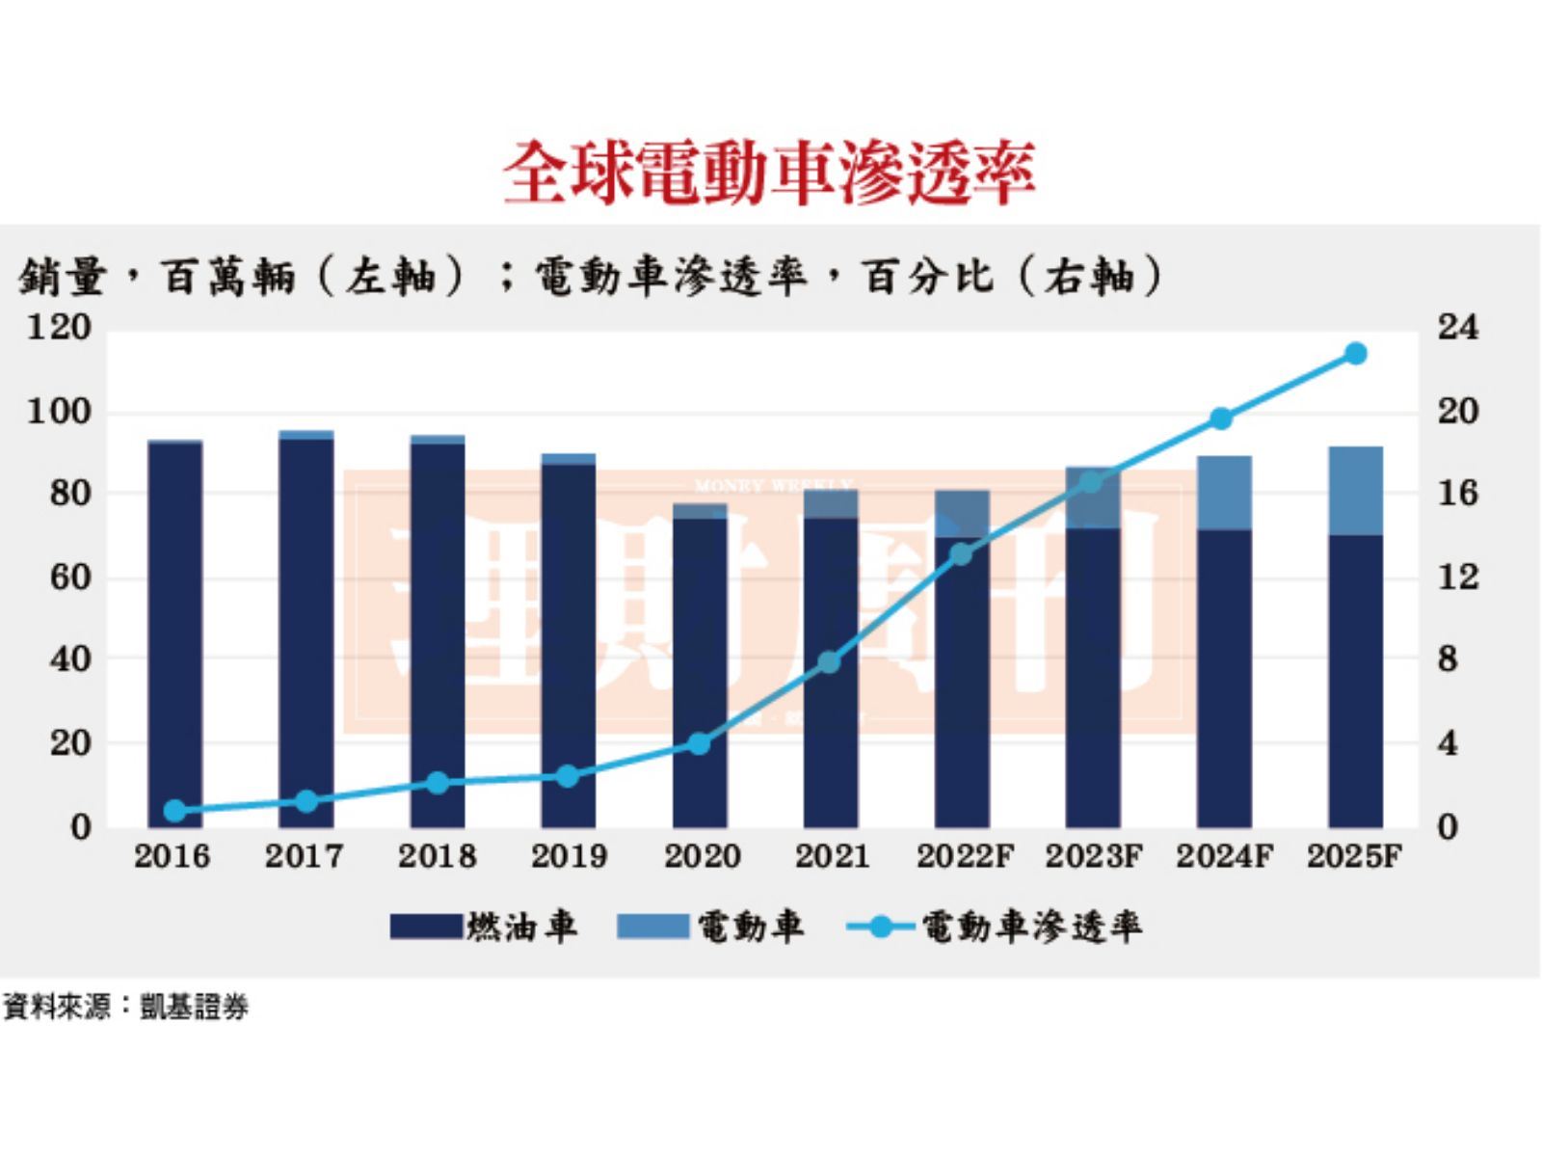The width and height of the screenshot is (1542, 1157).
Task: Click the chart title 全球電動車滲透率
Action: (769, 174)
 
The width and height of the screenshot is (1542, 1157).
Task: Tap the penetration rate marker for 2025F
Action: (1355, 354)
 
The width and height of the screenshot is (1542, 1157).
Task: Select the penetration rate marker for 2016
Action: (174, 810)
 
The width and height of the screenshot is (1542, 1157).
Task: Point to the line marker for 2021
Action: (830, 662)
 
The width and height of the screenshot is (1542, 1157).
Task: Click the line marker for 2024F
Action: (1221, 418)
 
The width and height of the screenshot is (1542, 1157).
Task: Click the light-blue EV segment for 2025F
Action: (1355, 491)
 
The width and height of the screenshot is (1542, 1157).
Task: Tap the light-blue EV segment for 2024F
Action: (1224, 493)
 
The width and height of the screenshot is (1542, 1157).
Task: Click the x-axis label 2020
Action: (702, 856)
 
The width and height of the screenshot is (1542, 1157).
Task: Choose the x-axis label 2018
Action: (438, 856)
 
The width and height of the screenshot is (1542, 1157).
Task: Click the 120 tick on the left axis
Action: (59, 328)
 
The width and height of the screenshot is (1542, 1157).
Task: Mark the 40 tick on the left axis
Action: (68, 660)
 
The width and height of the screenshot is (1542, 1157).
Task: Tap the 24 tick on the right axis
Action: (1457, 328)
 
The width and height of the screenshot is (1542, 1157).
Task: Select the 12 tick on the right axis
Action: (1457, 578)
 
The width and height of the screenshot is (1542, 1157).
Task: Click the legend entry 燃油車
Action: (521, 927)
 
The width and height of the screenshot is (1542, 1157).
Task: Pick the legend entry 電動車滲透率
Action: (1031, 927)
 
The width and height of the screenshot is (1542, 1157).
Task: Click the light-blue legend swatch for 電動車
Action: (652, 927)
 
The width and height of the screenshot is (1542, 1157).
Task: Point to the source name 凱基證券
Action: (195, 1008)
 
